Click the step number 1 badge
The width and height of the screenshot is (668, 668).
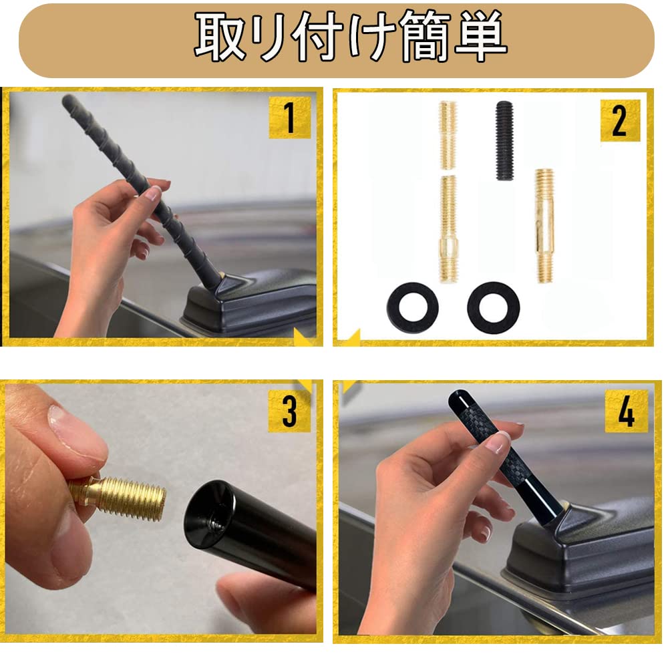pos(290,118)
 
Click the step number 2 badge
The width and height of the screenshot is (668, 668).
pos(621,120)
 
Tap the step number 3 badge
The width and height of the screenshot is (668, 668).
pos(290,411)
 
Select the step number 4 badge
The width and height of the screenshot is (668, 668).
pos(627,411)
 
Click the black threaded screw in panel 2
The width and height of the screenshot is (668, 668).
pos(504,140)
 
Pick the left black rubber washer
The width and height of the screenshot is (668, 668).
pos(413,307)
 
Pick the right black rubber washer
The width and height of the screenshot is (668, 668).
pos(494,307)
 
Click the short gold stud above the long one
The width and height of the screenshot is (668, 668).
pos(448,129)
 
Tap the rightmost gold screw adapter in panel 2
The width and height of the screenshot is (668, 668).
pos(544,225)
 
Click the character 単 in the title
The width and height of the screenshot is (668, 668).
pos(480,36)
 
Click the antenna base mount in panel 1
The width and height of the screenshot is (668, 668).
pos(249,303)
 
